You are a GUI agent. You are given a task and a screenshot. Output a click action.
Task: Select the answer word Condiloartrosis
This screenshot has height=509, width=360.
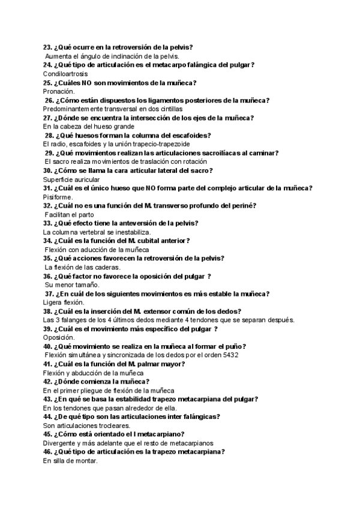point(65,74)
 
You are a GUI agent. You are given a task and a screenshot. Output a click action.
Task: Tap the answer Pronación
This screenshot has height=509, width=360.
point(59,91)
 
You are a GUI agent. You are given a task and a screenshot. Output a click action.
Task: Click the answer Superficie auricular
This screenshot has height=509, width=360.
point(72,179)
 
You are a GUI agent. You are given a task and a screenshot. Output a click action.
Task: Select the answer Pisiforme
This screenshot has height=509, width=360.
point(58,197)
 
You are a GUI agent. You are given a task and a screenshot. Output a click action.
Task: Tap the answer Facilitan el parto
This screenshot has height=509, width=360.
point(70,214)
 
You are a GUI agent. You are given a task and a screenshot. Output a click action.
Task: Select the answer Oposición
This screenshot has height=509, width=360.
point(58,338)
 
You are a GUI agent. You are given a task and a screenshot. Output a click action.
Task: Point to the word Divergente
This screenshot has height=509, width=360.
point(60,443)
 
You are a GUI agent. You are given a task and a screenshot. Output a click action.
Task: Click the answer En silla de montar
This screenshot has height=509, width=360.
point(70,461)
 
